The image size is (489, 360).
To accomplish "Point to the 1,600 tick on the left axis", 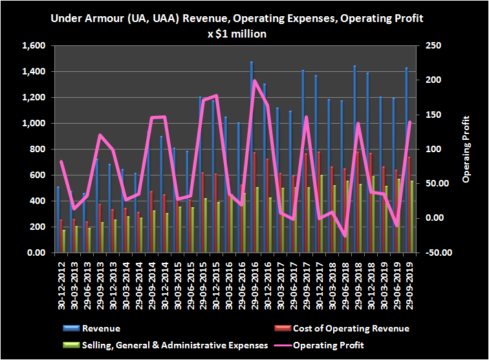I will [33, 46].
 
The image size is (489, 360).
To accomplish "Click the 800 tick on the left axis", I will [38, 150].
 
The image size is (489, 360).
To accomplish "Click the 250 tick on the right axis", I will [429, 46].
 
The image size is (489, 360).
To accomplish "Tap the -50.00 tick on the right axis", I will [435, 253].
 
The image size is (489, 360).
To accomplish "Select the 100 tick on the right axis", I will [429, 150].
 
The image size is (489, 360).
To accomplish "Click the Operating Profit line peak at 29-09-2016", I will [254, 81].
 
